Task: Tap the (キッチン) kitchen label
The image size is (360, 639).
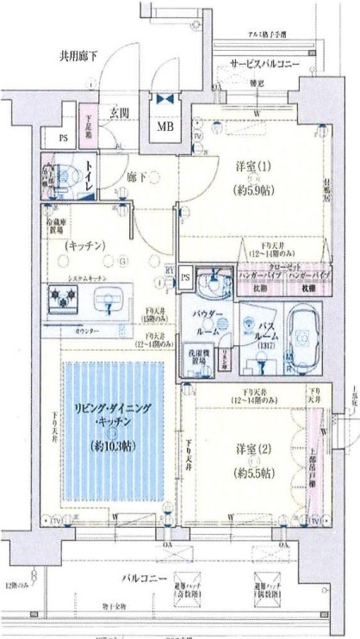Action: (x=84, y=245)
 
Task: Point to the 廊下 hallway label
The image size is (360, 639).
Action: (x=138, y=177)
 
